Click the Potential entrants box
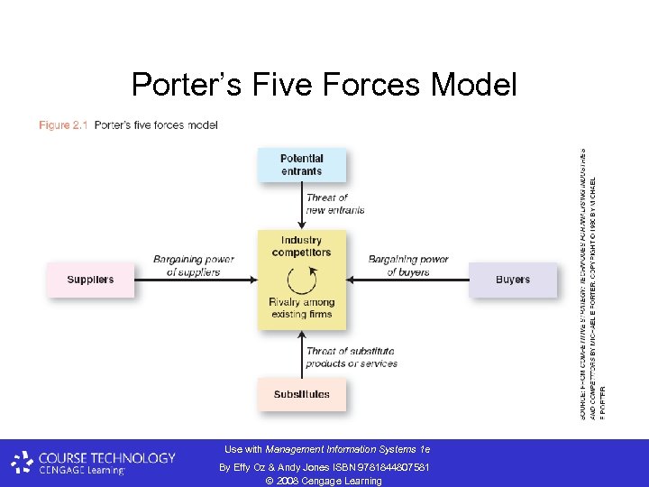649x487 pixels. click(x=301, y=165)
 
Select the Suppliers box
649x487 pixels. click(x=90, y=280)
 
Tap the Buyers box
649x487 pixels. click(x=512, y=280)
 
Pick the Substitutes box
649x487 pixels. click(x=301, y=394)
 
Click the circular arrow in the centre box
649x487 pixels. click(x=301, y=277)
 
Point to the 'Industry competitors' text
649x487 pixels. click(x=301, y=246)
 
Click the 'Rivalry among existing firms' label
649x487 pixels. click(x=301, y=308)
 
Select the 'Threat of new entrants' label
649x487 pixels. click(x=335, y=204)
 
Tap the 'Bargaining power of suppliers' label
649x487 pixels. click(x=193, y=265)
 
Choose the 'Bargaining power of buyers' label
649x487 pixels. click(x=408, y=265)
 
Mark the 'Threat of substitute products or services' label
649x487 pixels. click(x=351, y=357)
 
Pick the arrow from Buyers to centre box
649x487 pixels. click(x=406, y=280)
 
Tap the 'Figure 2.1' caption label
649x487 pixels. click(x=63, y=125)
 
